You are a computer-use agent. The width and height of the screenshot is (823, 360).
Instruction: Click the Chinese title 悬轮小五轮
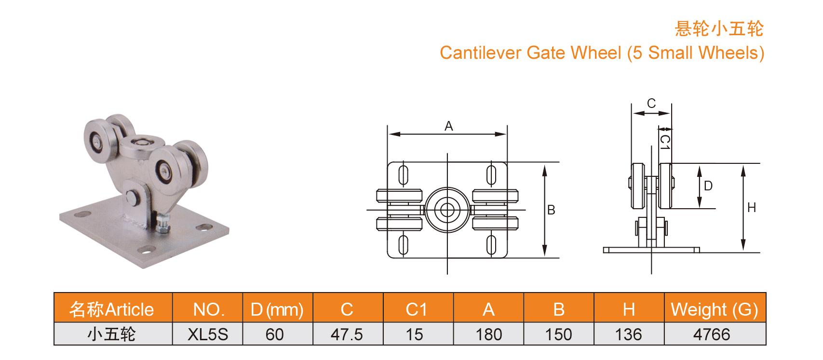coord(718,29)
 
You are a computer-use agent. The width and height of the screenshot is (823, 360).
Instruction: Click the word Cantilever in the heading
coord(480,53)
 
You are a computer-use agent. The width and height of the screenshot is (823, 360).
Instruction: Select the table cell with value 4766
coord(712,334)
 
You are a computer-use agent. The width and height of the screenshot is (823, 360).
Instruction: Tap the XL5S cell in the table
coord(208,334)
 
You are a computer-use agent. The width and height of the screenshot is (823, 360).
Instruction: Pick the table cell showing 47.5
coord(347,334)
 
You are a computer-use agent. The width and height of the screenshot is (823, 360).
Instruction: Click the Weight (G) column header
coord(715,309)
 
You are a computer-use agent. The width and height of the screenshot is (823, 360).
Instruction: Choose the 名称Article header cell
coord(112,309)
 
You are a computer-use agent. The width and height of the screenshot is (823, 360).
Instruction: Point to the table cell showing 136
coord(628,334)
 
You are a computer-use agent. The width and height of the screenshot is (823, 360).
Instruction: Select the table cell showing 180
coord(488,334)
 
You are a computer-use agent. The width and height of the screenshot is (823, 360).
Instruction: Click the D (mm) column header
coord(277,309)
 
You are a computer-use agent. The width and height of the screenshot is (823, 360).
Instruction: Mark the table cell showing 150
coord(558,334)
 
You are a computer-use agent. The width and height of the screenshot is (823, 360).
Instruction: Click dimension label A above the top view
coord(448,126)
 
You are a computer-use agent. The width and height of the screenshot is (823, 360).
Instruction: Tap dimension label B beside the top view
coord(551,210)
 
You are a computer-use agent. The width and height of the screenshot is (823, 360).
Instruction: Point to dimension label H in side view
coord(751,208)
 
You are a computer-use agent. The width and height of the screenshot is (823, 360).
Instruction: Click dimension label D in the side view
coord(708,186)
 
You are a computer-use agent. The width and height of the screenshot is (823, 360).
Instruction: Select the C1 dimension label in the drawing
coord(665,142)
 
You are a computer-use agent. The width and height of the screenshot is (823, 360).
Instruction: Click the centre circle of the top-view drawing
coord(447,210)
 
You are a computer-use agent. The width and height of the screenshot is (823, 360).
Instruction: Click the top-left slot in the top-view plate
coord(404,175)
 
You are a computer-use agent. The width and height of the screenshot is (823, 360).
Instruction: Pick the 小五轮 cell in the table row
coord(112,334)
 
